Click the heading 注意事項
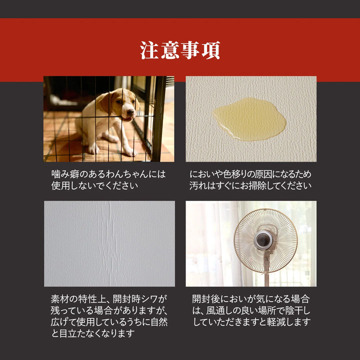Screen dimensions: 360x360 click(180, 51)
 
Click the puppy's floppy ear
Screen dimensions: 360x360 click(104, 102)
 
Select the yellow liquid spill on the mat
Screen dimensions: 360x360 click(249, 119)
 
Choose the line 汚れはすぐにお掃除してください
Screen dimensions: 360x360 click(250, 186)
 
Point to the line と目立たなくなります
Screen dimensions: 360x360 click(93, 333)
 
